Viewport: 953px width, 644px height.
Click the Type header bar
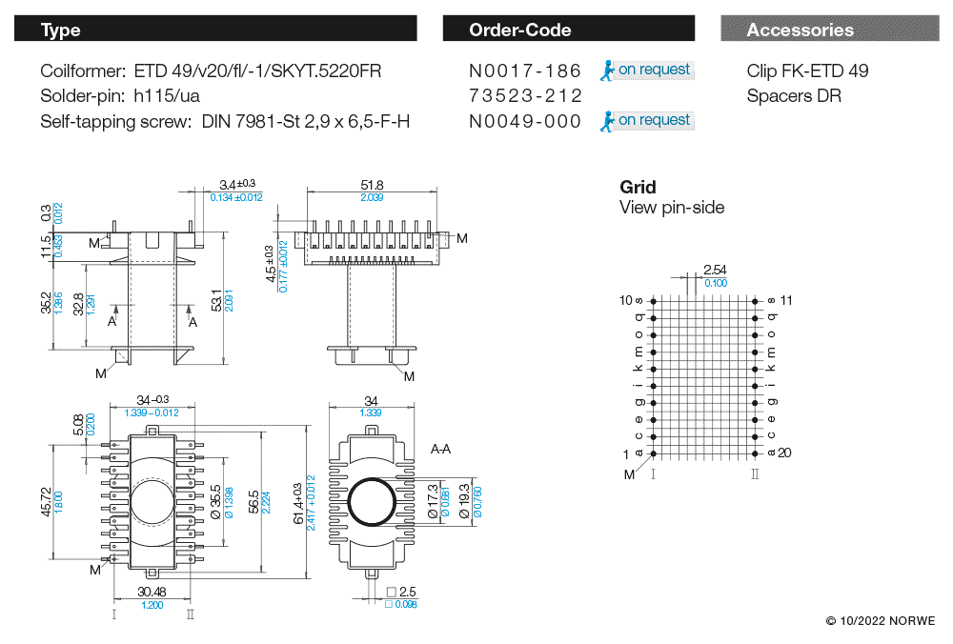[214, 30]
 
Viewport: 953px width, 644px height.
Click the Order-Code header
[568, 30]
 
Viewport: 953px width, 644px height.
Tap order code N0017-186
[525, 70]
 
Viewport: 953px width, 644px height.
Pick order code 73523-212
[525, 96]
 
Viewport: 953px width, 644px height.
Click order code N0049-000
[525, 121]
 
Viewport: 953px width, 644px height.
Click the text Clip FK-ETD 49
[807, 70]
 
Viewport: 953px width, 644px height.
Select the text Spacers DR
[794, 96]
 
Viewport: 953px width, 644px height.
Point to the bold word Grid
[638, 187]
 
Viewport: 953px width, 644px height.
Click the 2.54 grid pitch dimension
[715, 271]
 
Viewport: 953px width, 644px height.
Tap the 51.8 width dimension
[372, 185]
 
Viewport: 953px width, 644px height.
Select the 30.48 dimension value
[152, 592]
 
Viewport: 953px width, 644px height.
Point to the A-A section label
[441, 448]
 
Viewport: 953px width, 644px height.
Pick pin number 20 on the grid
[784, 453]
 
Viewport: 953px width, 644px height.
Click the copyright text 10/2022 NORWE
[881, 621]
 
